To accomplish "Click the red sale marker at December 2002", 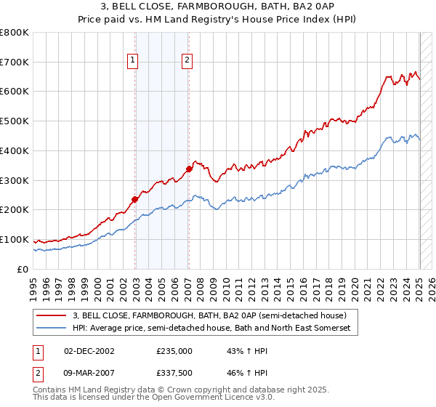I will pyautogui.click(x=134, y=199).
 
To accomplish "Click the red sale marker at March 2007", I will pyautogui.click(x=188, y=169).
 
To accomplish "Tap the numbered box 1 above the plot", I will pyautogui.click(x=134, y=61).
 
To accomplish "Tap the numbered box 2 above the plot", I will pyautogui.click(x=187, y=61).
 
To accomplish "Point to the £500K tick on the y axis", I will pyautogui.click(x=15, y=121).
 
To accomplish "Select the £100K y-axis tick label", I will pyautogui.click(x=15, y=240).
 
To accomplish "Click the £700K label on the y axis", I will pyautogui.click(x=15, y=63).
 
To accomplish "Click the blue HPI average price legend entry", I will pyautogui.click(x=211, y=329).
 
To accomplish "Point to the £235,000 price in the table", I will pyautogui.click(x=174, y=350).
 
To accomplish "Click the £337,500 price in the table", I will pyautogui.click(x=174, y=374).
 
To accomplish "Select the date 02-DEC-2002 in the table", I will pyautogui.click(x=89, y=350).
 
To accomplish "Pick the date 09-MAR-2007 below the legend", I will pyautogui.click(x=89, y=374).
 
